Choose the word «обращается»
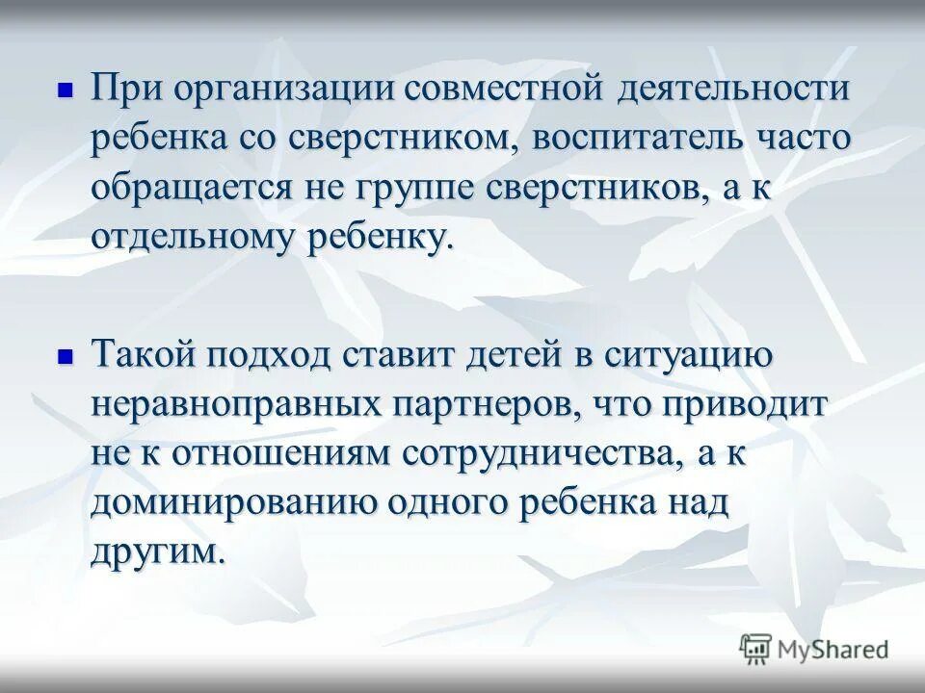click(x=192, y=188)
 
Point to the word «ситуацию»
click(x=688, y=356)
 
